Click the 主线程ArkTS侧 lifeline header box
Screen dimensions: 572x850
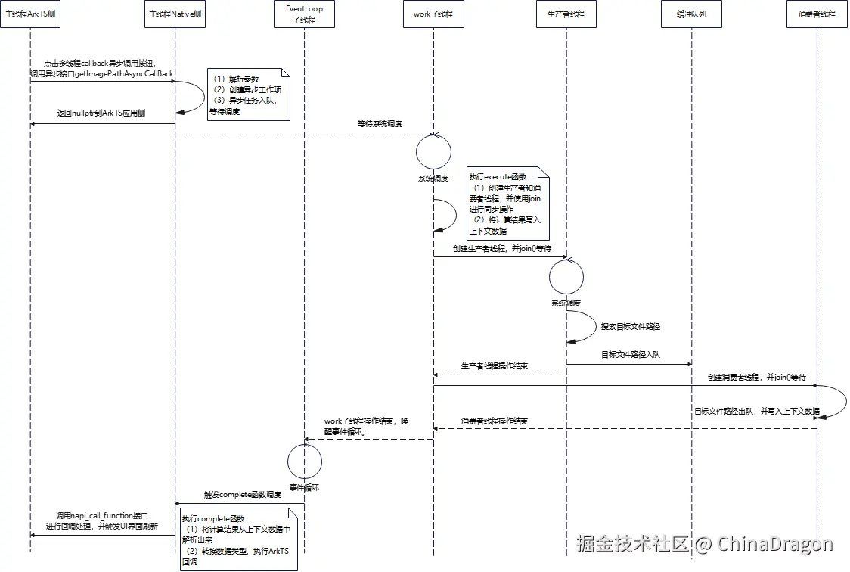pyautogui.click(x=30, y=14)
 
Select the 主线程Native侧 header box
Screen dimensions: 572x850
pyautogui.click(x=175, y=14)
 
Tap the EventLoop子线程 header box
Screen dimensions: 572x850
pyautogui.click(x=304, y=14)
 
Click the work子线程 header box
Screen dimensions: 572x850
pyautogui.click(x=433, y=14)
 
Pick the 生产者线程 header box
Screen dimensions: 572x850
pyautogui.click(x=566, y=14)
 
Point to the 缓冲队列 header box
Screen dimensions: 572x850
pyautogui.click(x=691, y=14)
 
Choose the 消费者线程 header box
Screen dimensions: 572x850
pyautogui.click(x=817, y=14)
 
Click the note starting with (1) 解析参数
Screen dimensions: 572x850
pyautogui.click(x=249, y=95)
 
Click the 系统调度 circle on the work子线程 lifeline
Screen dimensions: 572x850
pyautogui.click(x=433, y=152)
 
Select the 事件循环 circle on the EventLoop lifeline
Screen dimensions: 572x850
pyautogui.click(x=304, y=461)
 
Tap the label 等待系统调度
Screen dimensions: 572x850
pyautogui.click(x=380, y=123)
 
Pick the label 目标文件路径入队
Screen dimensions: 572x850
pyautogui.click(x=631, y=354)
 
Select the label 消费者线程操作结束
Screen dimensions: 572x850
pyautogui.click(x=495, y=421)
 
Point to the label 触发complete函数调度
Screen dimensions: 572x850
pyautogui.click(x=242, y=495)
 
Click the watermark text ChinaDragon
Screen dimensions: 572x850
pyautogui.click(x=775, y=543)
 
